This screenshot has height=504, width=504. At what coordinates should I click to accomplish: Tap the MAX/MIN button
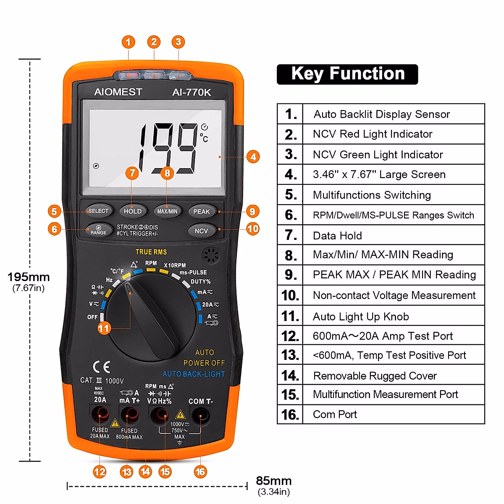pyautogui.click(x=167, y=211)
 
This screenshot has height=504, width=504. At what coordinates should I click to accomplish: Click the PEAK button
pyautogui.click(x=202, y=211)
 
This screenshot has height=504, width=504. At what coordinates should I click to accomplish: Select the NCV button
pyautogui.click(x=202, y=231)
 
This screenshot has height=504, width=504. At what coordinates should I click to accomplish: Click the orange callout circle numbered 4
pyautogui.click(x=253, y=157)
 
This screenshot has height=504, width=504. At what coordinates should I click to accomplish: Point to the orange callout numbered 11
pyautogui.click(x=104, y=328)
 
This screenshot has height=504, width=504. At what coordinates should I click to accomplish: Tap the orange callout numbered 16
pyautogui.click(x=200, y=472)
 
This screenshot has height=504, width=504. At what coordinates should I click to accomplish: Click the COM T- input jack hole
pyautogui.click(x=200, y=417)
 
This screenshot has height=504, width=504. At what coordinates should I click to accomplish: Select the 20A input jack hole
pyautogui.click(x=100, y=416)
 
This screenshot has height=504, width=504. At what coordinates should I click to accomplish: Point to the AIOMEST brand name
pyautogui.click(x=118, y=92)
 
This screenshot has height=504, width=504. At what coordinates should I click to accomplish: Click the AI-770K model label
pyautogui.click(x=192, y=92)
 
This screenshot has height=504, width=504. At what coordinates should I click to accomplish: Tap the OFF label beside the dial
pyautogui.click(x=92, y=317)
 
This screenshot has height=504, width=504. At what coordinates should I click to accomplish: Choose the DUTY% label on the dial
pyautogui.click(x=200, y=281)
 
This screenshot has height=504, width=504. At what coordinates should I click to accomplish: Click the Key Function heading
pyautogui.click(x=347, y=74)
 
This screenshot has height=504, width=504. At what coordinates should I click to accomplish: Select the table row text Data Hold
pyautogui.click(x=337, y=236)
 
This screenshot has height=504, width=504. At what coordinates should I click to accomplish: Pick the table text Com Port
pyautogui.click(x=335, y=415)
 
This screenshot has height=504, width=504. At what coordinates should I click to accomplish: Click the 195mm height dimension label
pyautogui.click(x=29, y=277)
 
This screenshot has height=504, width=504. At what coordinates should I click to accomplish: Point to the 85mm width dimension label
pyautogui.click(x=273, y=481)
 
